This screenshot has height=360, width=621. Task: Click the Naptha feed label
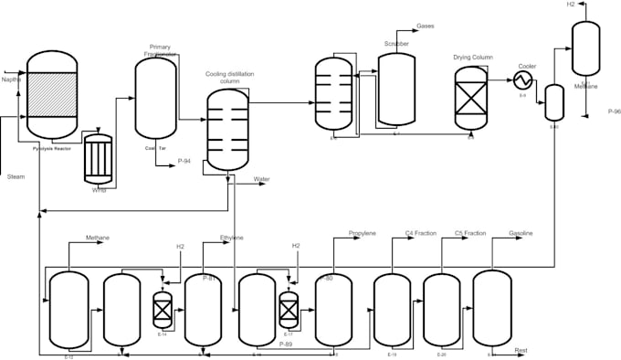(12, 80)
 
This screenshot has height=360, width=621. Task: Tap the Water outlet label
(262, 179)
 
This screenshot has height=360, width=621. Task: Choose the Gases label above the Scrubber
(426, 26)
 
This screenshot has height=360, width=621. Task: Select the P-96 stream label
(614, 111)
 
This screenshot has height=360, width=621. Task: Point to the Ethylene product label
(232, 238)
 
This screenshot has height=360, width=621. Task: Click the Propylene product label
(362, 234)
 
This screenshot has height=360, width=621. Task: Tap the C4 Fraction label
(420, 234)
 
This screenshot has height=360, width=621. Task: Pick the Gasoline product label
(521, 234)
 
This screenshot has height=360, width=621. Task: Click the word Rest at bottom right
(521, 350)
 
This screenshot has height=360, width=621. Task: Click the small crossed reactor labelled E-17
(289, 310)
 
